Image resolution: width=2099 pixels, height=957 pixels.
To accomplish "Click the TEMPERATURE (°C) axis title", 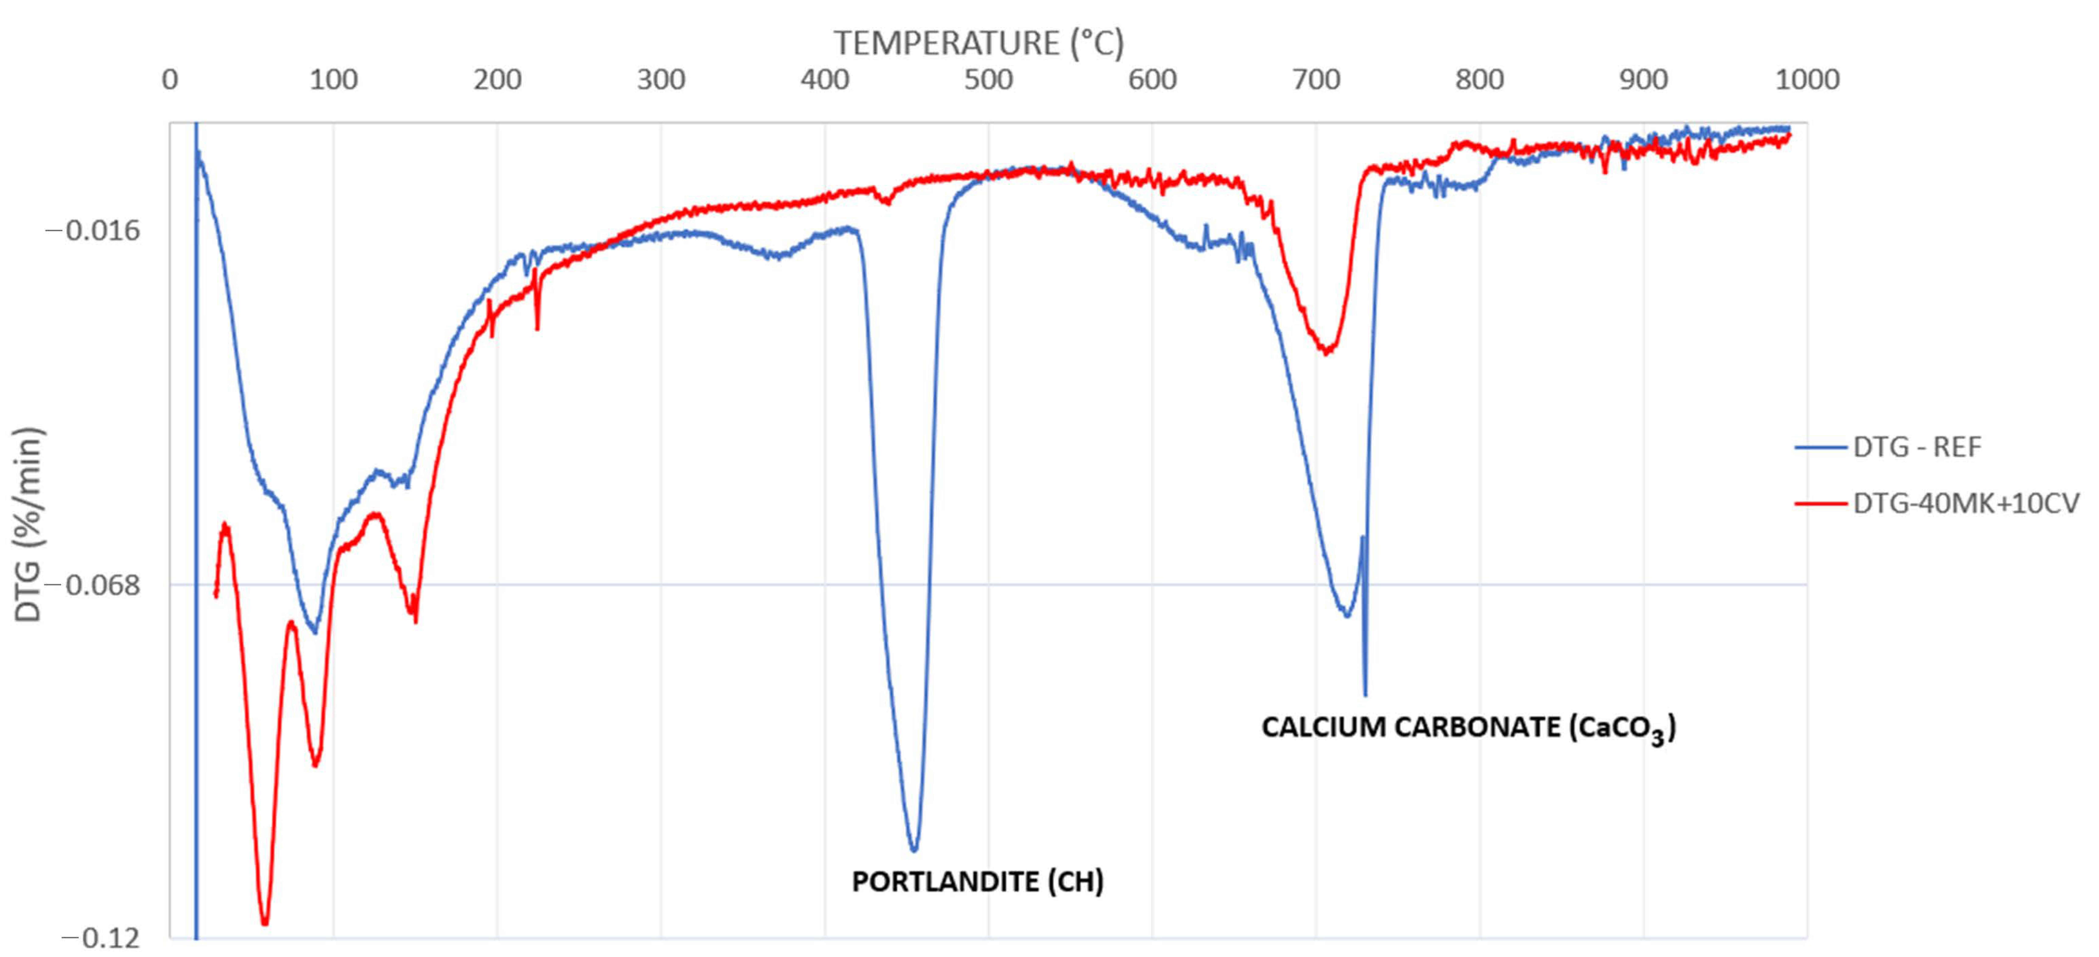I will [x=978, y=42].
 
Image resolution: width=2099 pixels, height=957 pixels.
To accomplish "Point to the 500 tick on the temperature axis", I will [x=988, y=80].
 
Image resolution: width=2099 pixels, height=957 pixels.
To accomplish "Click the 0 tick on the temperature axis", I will [x=169, y=80].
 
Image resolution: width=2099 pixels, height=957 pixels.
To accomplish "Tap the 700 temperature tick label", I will [x=1316, y=80].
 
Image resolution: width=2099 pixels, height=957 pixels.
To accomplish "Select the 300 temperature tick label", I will [x=661, y=80].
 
